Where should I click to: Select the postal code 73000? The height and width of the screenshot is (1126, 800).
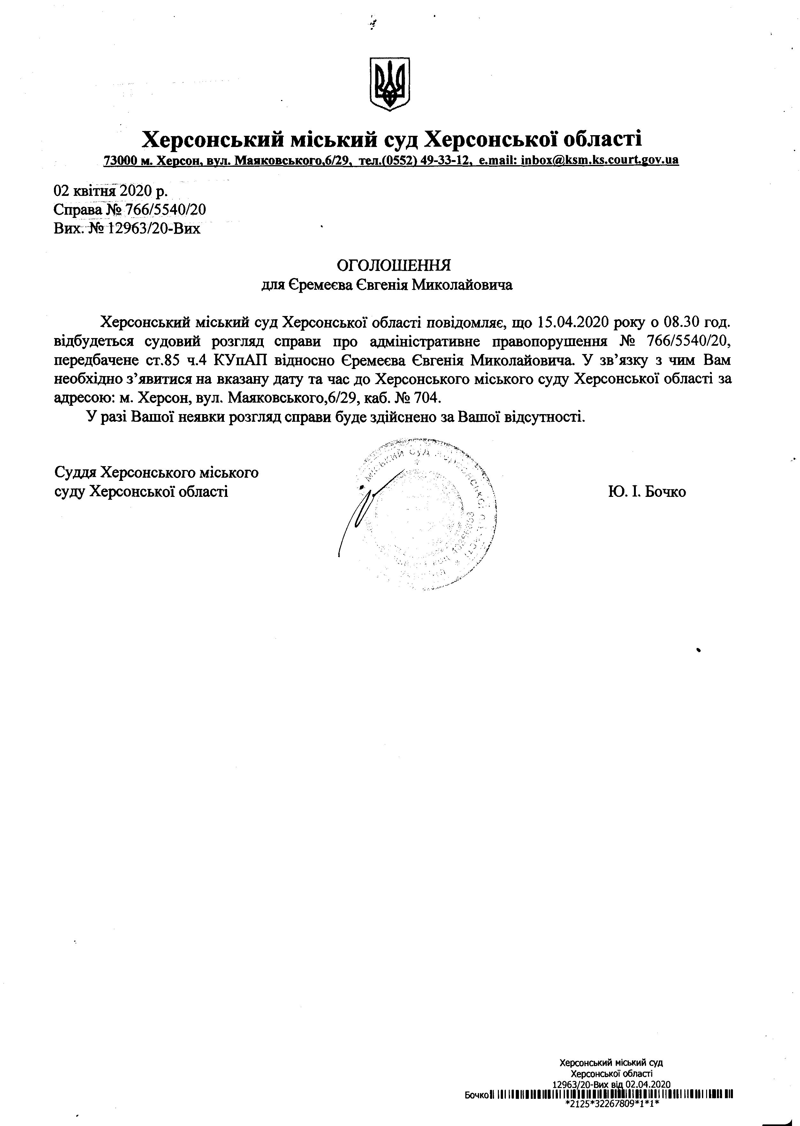119,160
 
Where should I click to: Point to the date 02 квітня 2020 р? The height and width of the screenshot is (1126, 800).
110,190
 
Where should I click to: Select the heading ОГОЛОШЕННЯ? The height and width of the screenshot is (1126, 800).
393,266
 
